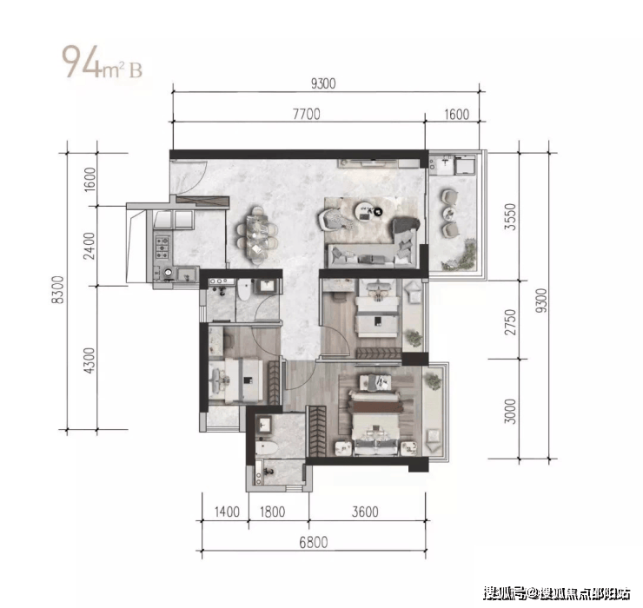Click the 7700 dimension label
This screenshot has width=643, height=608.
coord(307,114)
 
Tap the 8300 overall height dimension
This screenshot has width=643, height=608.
coord(58,289)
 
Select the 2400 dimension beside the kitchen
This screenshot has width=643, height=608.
coord(89,246)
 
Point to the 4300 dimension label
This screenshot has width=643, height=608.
coord(89,360)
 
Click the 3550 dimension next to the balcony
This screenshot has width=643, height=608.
coord(510,216)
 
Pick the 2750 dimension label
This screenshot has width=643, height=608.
coord(510,322)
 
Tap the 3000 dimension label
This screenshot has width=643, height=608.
coord(510,411)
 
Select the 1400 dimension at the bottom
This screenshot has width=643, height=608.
coord(227,512)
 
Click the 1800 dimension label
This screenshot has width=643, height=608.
coord(272,512)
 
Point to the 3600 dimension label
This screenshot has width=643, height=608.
coord(365,512)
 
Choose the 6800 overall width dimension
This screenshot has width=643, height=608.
coord(314,542)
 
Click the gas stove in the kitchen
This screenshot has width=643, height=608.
coord(162,248)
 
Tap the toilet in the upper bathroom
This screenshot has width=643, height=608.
coord(244,289)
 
